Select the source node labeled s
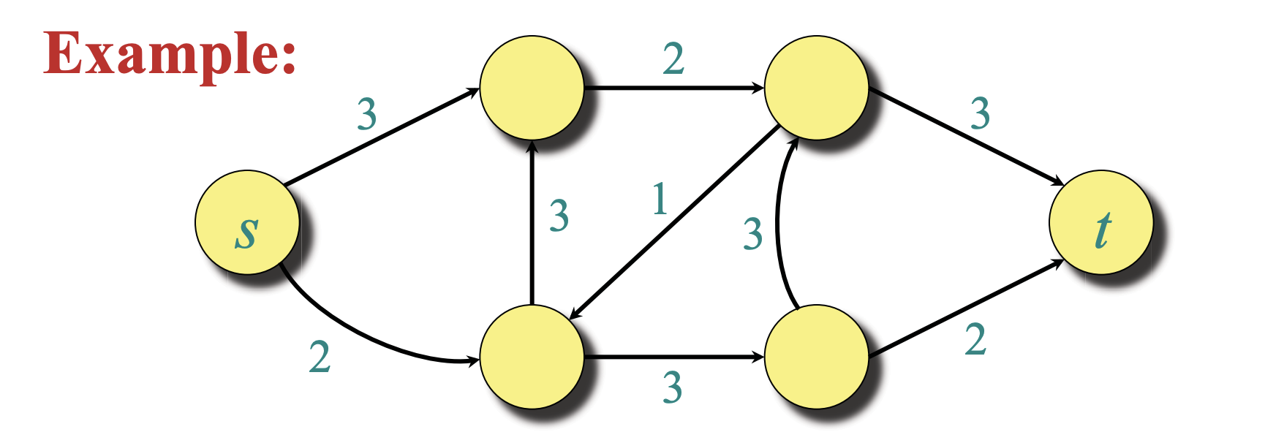click(x=247, y=222)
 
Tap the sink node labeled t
click(x=1100, y=222)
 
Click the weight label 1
click(x=660, y=199)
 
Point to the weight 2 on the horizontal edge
click(x=673, y=58)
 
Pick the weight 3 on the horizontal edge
click(x=672, y=387)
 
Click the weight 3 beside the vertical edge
click(x=559, y=216)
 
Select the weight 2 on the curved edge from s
click(x=320, y=357)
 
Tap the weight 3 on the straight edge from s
click(x=366, y=114)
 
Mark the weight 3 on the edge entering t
click(x=980, y=113)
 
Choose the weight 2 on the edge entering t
click(x=975, y=339)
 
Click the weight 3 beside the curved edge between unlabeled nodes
click(x=752, y=234)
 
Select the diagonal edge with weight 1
click(x=673, y=222)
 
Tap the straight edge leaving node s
click(x=382, y=137)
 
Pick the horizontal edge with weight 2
click(x=674, y=88)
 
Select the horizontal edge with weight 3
click(x=674, y=357)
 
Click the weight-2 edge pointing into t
click(x=966, y=308)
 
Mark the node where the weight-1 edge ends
click(x=532, y=357)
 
